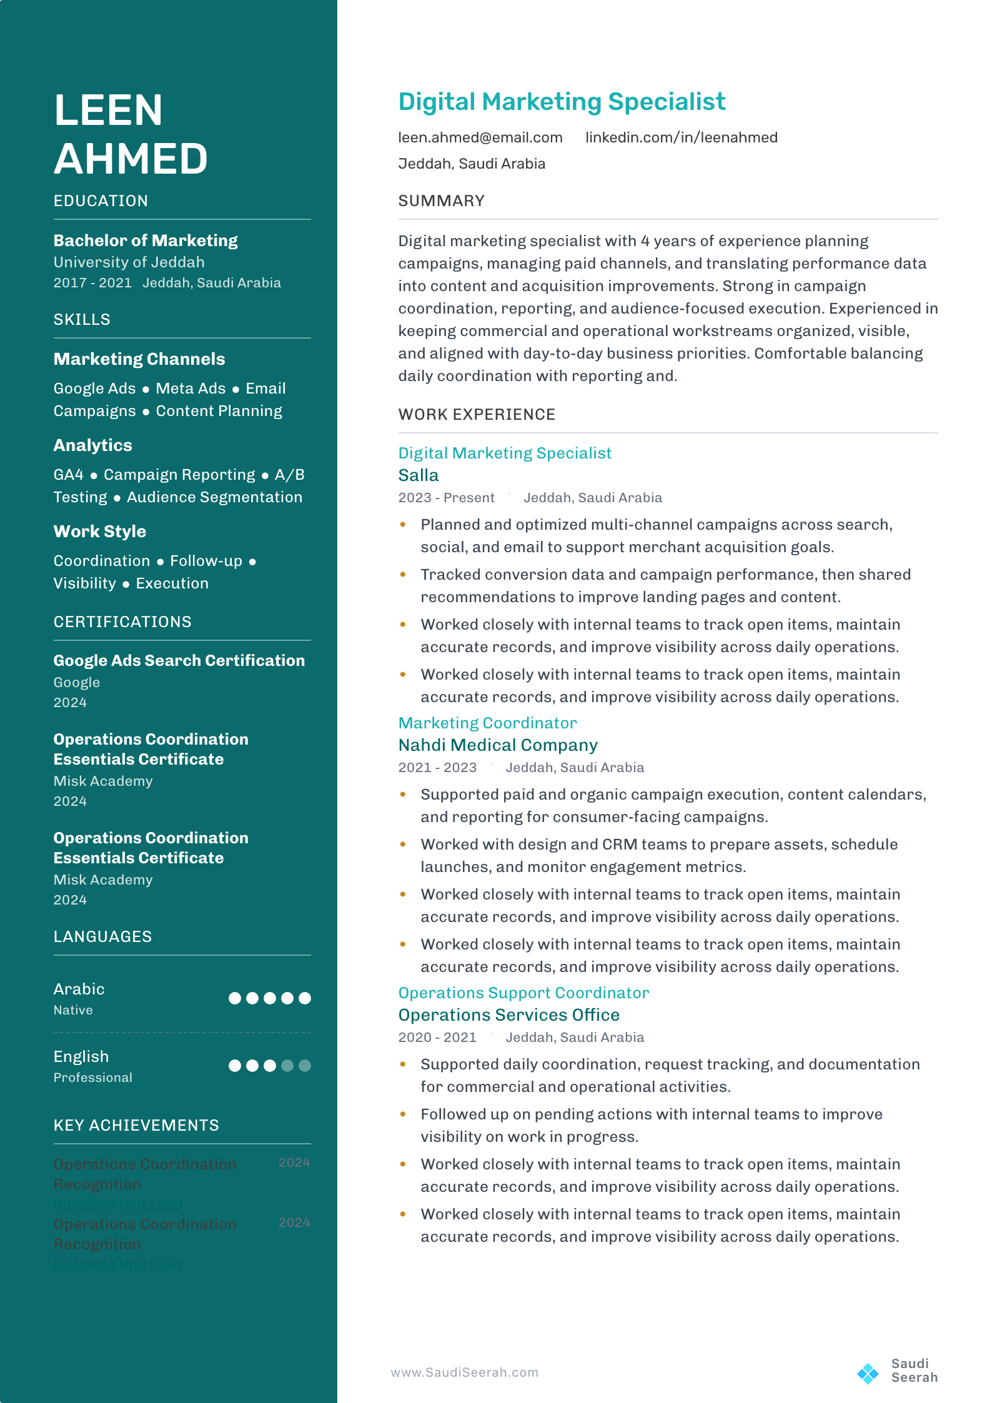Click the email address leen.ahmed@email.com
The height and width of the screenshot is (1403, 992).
(480, 137)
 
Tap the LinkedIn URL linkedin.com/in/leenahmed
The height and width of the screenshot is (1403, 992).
(681, 137)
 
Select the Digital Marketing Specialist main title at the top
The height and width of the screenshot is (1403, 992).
(562, 102)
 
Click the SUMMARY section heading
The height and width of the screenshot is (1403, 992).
(441, 201)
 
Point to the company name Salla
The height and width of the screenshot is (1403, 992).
(419, 475)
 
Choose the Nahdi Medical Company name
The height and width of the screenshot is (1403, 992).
(498, 745)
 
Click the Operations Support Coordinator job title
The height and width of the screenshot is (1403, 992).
(523, 993)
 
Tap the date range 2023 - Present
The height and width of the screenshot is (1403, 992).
(446, 498)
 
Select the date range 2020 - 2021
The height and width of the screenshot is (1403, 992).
(437, 1038)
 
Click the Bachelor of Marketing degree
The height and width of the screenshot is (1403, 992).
(146, 240)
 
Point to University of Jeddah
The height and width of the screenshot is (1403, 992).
(129, 262)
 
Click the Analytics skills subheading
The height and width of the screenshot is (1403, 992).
(93, 445)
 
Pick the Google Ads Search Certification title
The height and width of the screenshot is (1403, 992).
(179, 660)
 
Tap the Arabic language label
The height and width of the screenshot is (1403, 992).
(79, 989)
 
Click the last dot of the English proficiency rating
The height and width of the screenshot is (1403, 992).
(305, 1066)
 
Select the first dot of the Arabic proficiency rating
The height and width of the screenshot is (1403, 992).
(235, 998)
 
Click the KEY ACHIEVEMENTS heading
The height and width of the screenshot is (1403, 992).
(136, 1126)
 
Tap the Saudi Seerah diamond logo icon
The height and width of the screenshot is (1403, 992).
(868, 1373)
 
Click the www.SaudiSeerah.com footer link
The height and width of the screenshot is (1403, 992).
(464, 1372)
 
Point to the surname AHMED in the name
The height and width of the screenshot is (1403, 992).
(131, 159)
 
